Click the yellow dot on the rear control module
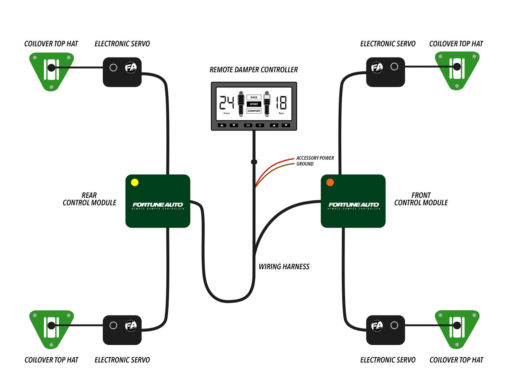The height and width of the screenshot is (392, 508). coord(135,182)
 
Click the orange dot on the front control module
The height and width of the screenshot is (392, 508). coord(330,182)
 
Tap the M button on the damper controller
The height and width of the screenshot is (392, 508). coord(248,125)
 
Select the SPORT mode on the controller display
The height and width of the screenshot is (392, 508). coord(254,104)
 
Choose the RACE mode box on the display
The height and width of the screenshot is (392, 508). coord(254,97)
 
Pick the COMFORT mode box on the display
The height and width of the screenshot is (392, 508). coord(254,111)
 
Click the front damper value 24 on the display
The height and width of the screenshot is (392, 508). coord(227,103)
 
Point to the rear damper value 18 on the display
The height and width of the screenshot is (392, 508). coord(281,103)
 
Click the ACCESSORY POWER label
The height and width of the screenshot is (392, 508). coord(315,158)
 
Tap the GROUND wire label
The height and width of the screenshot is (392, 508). coord(305,164)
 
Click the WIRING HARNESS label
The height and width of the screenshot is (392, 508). coord(284,267)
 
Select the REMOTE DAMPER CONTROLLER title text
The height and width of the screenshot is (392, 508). coord(253,70)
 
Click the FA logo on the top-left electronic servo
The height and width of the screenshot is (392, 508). coord(131,67)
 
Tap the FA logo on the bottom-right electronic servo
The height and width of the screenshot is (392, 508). coord(377,326)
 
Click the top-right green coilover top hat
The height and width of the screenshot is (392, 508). coord(457,70)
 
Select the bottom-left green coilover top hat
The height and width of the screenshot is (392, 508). coord(51,328)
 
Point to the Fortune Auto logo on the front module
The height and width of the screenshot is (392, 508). coord(354,205)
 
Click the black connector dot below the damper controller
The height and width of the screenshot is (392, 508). coord(254,162)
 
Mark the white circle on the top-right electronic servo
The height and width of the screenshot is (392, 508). coord(394,67)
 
